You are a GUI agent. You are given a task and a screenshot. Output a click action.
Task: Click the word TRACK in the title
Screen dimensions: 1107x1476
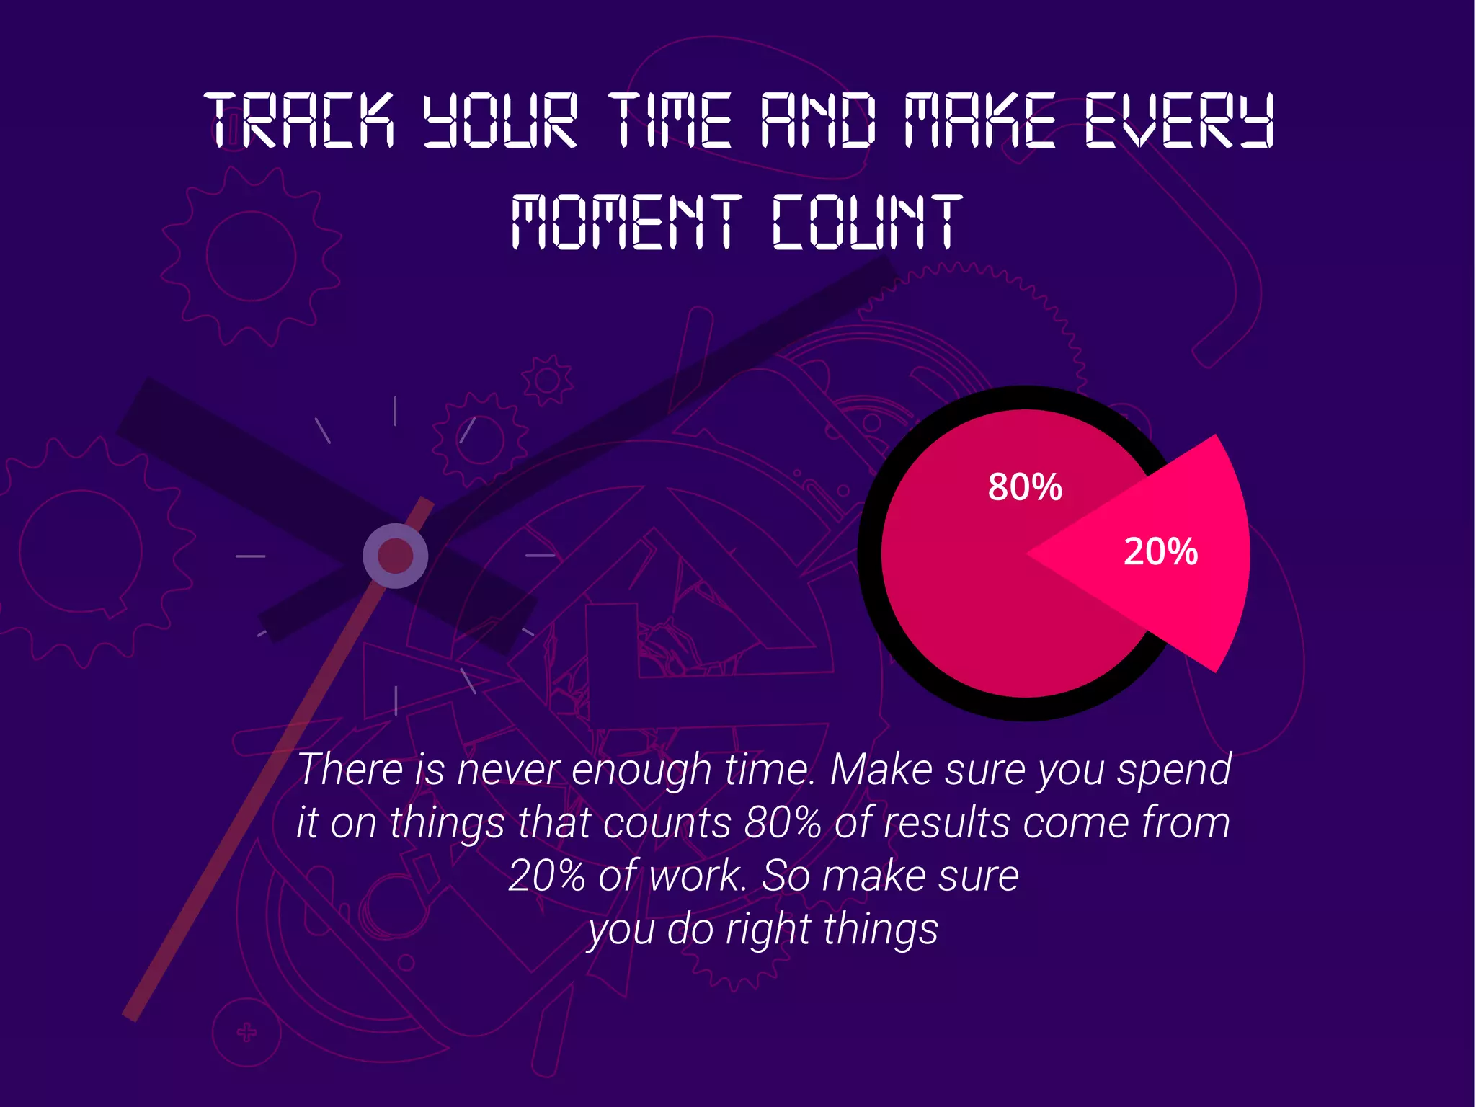[300, 120]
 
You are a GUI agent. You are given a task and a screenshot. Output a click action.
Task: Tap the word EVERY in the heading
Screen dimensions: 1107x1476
[1179, 120]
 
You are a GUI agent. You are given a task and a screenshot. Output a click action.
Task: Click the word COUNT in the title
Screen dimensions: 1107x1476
[867, 222]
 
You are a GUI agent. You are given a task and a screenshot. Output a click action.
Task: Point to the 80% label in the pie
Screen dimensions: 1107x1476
[1024, 487]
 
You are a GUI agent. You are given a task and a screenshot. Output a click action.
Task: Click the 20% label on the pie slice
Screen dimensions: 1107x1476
[1160, 552]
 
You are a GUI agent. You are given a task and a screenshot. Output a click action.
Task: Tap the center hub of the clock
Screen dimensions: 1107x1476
[395, 556]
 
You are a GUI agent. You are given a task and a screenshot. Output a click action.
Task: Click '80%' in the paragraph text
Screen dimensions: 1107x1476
[782, 822]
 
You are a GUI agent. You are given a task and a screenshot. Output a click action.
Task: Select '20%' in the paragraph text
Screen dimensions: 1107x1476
[546, 876]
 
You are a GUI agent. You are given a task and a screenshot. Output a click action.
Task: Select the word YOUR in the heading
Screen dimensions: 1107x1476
[499, 120]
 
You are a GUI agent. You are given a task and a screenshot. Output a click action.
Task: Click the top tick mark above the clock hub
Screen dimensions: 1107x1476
[395, 411]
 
